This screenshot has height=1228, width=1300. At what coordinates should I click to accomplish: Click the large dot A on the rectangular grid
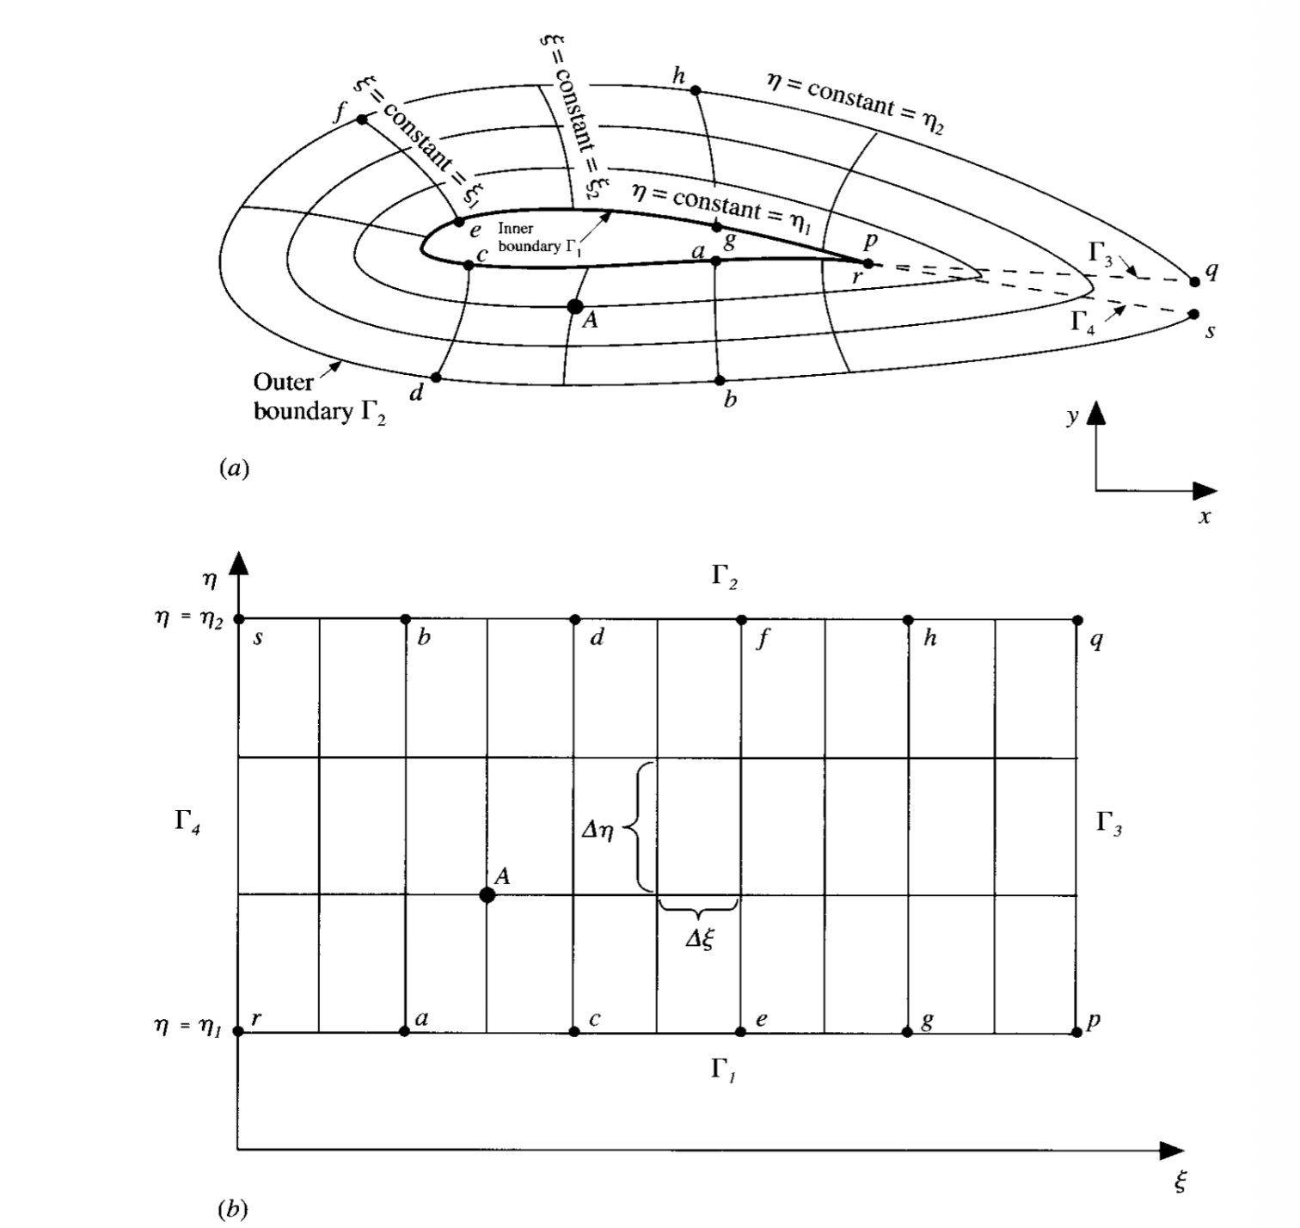[x=487, y=895]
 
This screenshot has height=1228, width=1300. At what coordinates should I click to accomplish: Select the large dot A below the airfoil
[x=575, y=306]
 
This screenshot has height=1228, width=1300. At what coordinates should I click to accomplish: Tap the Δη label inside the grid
[x=598, y=831]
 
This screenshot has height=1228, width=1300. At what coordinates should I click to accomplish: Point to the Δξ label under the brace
[x=700, y=940]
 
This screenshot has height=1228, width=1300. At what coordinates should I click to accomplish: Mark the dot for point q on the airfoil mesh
[x=1194, y=281]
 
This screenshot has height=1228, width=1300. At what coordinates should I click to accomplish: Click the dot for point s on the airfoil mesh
[x=1193, y=315]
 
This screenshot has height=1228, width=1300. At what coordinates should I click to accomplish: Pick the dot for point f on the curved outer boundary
[x=362, y=120]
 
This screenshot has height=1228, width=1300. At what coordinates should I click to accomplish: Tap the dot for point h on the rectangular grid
[x=908, y=619]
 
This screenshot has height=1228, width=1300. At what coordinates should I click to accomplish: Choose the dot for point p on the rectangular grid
[x=1076, y=1032]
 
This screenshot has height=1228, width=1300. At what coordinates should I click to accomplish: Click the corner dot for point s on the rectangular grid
[x=239, y=619]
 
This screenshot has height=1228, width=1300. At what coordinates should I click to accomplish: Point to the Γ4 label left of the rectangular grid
[x=187, y=822]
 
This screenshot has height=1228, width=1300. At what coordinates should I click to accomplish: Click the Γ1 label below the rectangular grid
[x=723, y=1071]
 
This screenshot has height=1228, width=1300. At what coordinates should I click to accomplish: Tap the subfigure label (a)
[x=234, y=468]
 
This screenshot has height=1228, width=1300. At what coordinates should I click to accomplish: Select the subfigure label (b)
[x=233, y=1210]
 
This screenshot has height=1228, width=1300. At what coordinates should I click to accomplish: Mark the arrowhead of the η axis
[x=239, y=563]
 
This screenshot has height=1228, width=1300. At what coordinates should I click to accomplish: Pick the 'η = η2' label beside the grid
[x=189, y=619]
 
